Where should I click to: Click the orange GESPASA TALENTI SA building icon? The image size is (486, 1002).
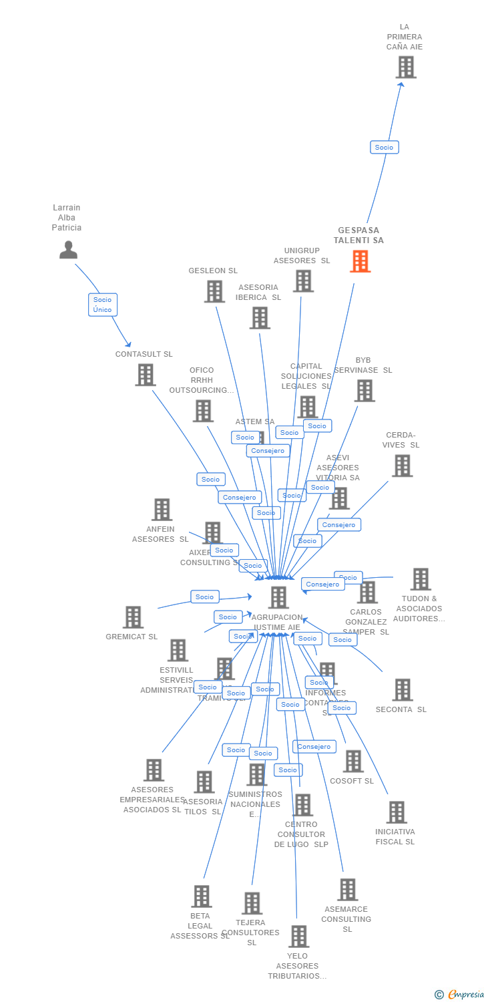click(360, 261)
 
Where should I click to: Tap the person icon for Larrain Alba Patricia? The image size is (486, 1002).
click(68, 250)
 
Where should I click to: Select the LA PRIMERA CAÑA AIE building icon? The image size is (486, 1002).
click(406, 67)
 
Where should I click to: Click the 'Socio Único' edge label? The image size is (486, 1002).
click(103, 305)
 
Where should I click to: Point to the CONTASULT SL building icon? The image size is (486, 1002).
click(146, 375)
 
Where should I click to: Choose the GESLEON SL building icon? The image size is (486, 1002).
click(214, 291)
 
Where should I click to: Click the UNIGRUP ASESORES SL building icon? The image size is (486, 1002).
click(303, 281)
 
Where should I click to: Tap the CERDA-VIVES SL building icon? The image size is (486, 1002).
click(402, 466)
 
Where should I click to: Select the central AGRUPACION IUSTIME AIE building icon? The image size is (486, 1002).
click(278, 597)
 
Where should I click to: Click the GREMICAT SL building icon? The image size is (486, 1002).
click(133, 617)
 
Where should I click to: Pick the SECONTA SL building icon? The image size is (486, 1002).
click(403, 690)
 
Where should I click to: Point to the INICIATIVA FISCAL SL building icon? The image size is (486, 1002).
click(397, 812)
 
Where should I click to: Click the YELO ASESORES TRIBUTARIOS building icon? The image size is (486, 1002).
click(298, 937)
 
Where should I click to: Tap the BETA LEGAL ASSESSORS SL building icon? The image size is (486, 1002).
click(202, 896)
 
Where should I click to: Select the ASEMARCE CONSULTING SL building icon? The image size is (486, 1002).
click(347, 890)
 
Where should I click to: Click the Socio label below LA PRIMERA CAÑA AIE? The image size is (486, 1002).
click(384, 147)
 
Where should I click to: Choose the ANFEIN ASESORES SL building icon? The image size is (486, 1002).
click(162, 510)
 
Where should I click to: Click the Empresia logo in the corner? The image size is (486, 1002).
click(460, 994)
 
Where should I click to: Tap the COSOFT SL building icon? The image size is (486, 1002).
click(352, 761)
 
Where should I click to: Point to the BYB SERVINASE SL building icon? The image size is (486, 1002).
click(364, 391)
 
